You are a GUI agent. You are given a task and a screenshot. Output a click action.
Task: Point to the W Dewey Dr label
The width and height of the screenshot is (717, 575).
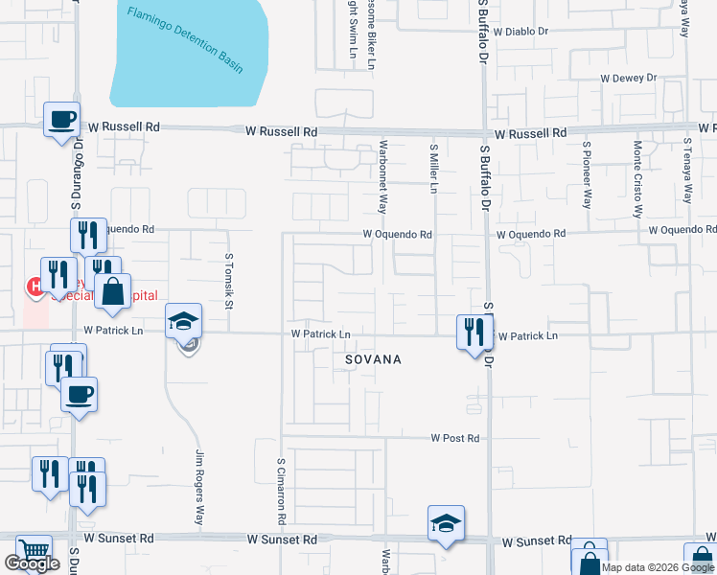point(628,78)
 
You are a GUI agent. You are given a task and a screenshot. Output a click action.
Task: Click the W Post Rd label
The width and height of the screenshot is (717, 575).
point(454,438)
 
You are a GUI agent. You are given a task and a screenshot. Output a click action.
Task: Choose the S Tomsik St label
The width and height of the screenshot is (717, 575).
point(229,282)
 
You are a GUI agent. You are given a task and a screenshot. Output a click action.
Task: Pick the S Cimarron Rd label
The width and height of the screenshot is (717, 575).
point(282,490)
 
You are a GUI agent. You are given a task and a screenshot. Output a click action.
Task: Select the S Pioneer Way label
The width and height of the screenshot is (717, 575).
point(587,174)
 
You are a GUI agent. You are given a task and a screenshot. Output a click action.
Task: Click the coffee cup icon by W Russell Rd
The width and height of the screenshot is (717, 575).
point(63,120)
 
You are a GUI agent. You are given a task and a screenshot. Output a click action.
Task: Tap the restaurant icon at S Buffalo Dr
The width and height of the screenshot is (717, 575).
point(474,332)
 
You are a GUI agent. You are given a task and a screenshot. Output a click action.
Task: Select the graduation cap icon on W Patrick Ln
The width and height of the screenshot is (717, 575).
point(183,320)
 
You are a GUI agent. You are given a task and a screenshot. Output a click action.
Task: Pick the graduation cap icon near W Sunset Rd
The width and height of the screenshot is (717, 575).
point(446,522)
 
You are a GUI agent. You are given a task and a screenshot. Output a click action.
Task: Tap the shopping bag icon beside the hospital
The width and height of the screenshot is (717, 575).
point(113,290)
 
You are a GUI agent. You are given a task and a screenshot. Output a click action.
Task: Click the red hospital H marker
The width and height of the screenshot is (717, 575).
point(35,286)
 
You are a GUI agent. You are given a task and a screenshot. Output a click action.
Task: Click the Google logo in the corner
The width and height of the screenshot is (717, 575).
point(32,563)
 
